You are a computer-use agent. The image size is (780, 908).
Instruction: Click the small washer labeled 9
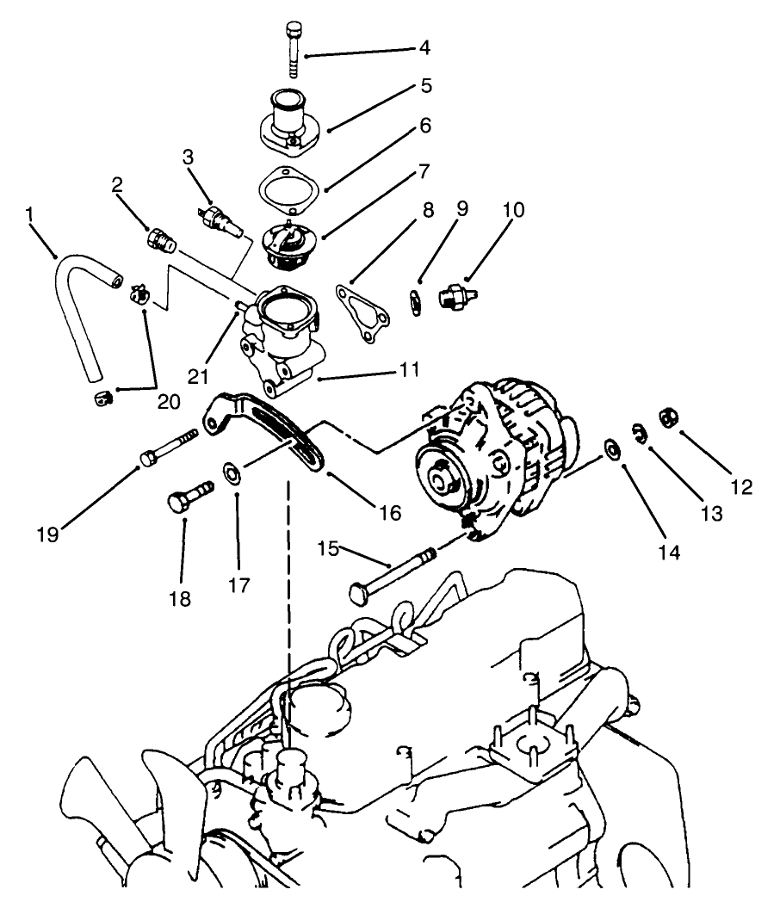click(415, 302)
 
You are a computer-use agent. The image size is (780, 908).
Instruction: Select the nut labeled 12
click(667, 418)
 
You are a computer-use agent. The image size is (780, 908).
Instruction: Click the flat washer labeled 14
click(613, 448)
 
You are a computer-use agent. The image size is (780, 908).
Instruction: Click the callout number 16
click(389, 513)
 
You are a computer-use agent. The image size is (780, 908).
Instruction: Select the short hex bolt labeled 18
click(188, 498)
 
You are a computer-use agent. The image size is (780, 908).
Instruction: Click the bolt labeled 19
click(166, 454)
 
